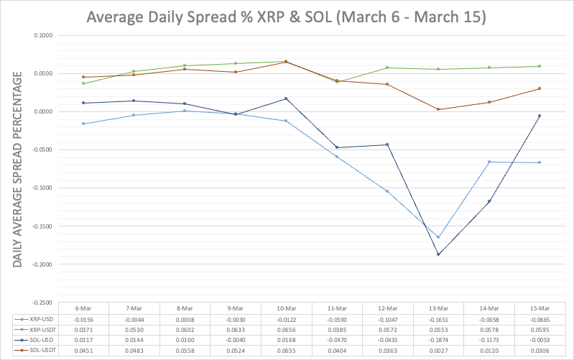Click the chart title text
287,17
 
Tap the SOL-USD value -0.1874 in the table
438,340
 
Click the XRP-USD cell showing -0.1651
438,318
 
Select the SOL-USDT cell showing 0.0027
438,350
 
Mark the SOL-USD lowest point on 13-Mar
438,254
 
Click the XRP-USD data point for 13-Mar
438,237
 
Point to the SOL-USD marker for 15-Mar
539,116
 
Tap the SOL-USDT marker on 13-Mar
438,109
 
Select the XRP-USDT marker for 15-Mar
539,66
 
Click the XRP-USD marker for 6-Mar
83,124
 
